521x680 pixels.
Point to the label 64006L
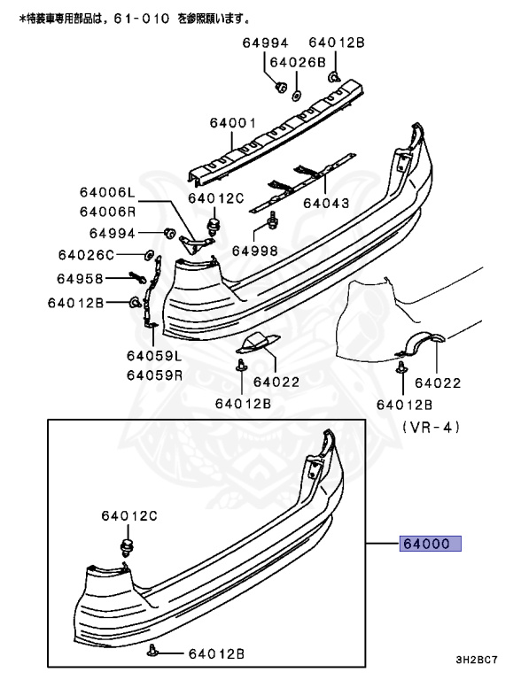point(106,192)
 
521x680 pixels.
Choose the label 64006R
point(106,211)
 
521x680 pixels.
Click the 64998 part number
point(255,251)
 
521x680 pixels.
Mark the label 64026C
point(87,255)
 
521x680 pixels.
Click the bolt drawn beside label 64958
point(140,278)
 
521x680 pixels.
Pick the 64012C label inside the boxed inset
point(128,514)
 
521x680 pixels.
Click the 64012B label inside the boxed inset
point(214,654)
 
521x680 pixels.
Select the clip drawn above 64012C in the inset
point(128,546)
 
